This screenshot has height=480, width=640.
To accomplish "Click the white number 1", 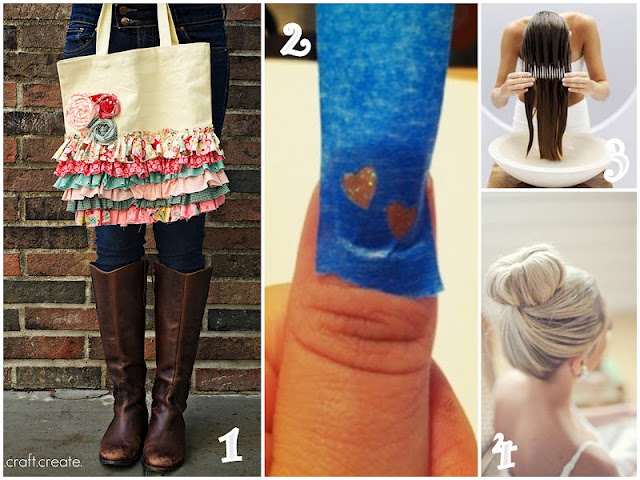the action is (230, 447).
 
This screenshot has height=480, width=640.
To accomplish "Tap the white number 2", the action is (295, 39).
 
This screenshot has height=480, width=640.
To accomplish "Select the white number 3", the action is (615, 160).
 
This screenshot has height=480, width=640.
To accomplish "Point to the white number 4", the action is (504, 451).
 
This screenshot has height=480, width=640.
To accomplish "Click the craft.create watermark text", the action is (43, 462).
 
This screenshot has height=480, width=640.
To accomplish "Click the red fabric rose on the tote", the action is (106, 103).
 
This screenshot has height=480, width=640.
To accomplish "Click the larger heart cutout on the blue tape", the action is (359, 186).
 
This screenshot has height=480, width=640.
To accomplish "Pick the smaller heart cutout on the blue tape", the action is (402, 220).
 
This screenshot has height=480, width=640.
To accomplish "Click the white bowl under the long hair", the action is (551, 161).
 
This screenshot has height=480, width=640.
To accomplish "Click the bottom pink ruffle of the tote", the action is (149, 215).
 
